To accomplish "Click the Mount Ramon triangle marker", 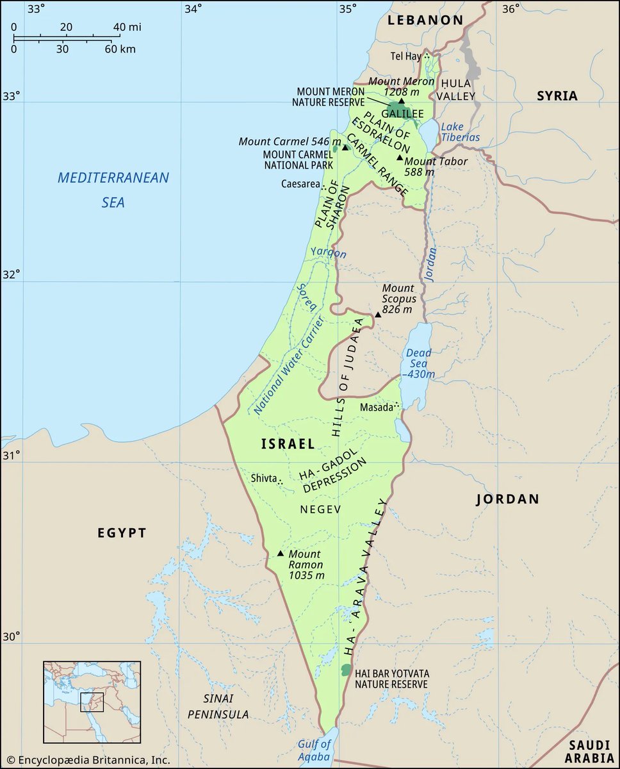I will click(280, 553).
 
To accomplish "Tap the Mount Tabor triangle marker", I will click(400, 158).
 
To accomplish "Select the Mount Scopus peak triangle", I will click(378, 315).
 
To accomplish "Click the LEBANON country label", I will click(425, 20).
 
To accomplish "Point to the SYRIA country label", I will click(557, 96).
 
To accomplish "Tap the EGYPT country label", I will click(122, 533).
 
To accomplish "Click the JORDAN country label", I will click(507, 499).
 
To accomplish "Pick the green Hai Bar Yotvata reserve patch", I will click(347, 670).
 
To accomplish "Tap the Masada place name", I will click(376, 408).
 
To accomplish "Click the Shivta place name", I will click(263, 478).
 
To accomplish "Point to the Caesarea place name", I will click(299, 184).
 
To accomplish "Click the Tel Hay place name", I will click(406, 56).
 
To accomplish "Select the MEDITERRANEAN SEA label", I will click(113, 190).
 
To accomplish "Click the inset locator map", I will click(92, 702).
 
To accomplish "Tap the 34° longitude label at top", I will click(192, 9).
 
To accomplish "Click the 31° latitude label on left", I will click(10, 455).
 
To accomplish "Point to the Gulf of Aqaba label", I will click(314, 750).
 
